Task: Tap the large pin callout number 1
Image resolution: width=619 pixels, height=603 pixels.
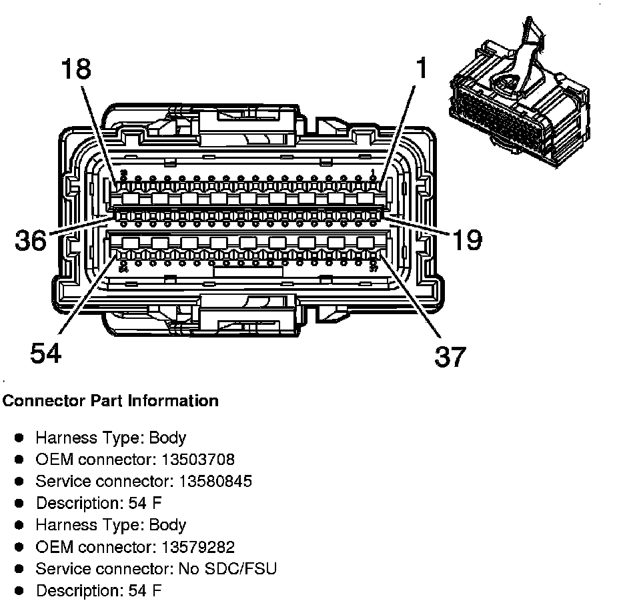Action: tap(422, 69)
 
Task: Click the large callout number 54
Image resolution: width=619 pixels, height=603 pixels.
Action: tap(45, 353)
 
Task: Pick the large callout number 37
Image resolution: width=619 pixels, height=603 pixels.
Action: tap(450, 357)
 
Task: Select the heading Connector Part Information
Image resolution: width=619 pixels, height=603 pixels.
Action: tap(111, 401)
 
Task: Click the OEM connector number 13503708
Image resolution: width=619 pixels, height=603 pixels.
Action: tap(198, 460)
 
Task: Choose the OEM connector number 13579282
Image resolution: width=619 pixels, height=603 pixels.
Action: tap(198, 547)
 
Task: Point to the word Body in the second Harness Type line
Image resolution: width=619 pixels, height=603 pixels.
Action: tap(167, 525)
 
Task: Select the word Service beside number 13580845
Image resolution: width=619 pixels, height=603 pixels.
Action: tap(58, 481)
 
